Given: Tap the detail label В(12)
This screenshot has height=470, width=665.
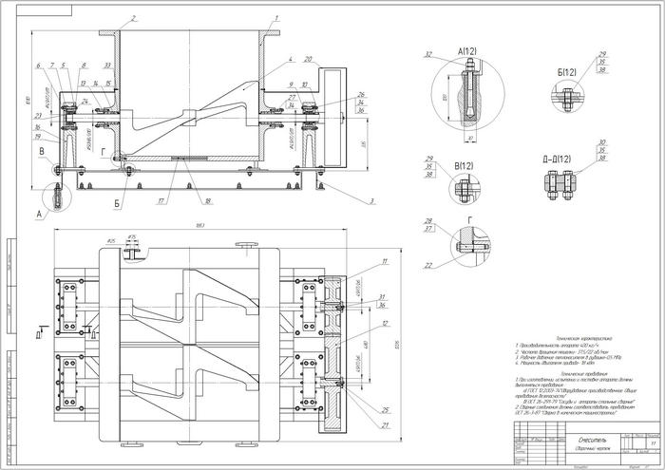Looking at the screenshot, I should tap(465, 167).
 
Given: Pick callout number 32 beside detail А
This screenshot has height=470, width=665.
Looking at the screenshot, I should tap(428, 54).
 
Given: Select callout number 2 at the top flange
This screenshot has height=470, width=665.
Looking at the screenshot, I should tap(134, 17).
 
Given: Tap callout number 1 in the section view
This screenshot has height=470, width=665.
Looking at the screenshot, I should tap(275, 18).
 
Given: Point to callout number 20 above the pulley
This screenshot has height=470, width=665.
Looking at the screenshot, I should tap(308, 59).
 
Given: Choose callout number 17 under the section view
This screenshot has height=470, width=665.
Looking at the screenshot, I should tap(162, 202).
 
